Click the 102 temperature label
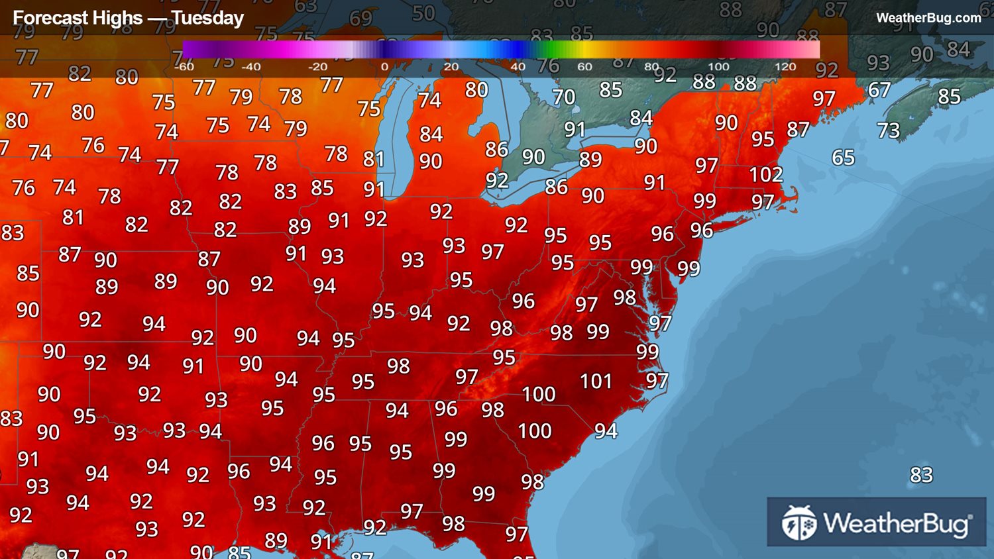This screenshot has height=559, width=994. point(765,174)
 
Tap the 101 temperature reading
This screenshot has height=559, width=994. point(596,381)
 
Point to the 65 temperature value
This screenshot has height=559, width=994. point(843,158)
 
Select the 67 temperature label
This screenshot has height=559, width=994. point(879,89)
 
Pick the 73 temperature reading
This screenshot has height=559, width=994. point(888,130)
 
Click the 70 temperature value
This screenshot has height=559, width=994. point(564,97)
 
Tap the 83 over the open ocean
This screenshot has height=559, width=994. point(921,475)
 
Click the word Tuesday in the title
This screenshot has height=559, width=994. point(207,18)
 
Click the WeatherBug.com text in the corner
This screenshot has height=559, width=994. point(928,18)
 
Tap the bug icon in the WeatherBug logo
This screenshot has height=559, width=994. point(799,523)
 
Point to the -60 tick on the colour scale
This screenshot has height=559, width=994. point(184,67)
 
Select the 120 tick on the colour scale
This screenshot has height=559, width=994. point(785,67)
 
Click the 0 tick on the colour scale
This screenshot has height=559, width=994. point(384,67)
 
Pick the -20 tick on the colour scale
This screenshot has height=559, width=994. point(317,67)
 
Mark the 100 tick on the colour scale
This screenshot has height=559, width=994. point(718,67)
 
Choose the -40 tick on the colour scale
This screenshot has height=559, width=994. point(250,67)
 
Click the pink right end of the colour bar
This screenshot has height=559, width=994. point(812,50)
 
